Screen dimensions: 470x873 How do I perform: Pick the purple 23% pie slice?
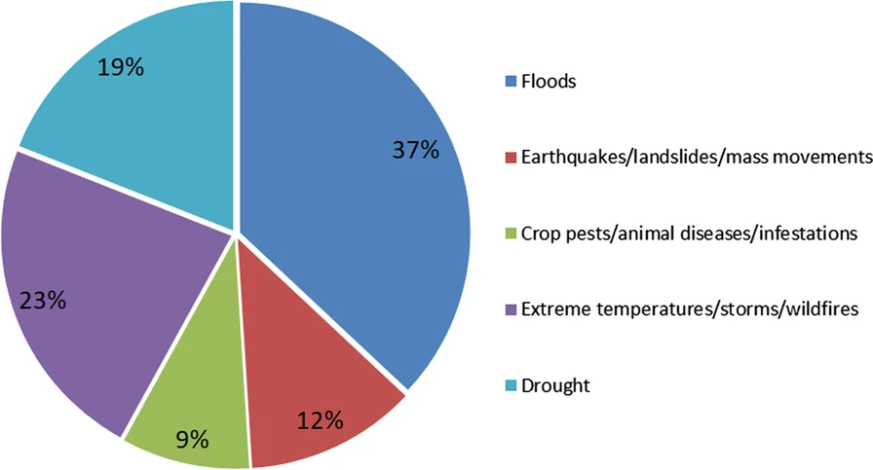tap(97, 292)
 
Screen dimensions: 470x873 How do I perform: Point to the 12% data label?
tap(321, 421)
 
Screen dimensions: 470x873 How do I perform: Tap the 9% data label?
tap(193, 439)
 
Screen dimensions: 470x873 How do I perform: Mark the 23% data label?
tap(44, 300)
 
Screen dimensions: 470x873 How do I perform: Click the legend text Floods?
tap(549, 82)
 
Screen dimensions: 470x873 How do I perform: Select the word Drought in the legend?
tap(555, 385)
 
